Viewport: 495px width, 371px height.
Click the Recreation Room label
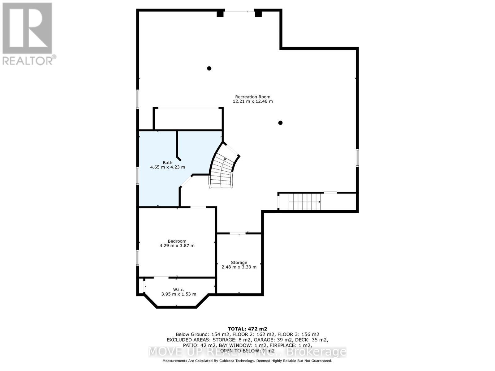point(252,97)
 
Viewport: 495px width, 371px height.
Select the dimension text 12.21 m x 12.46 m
point(252,101)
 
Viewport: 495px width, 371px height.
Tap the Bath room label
point(167,163)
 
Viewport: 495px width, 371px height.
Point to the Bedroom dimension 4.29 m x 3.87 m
point(177,246)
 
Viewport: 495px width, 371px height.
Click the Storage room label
point(239,262)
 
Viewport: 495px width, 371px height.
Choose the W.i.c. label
point(179,290)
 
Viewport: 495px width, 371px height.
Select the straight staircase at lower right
point(304,202)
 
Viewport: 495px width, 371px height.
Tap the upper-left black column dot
point(209,68)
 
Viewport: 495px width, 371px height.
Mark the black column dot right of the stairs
point(280,123)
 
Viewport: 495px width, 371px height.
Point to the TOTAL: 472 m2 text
point(247,329)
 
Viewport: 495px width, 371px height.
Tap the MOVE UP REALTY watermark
point(247,352)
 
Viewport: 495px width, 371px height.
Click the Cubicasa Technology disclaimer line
point(247,361)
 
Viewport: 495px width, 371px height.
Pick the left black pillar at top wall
point(220,13)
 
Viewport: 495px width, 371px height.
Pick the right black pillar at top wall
point(258,13)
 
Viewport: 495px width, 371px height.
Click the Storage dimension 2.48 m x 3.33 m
point(239,267)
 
